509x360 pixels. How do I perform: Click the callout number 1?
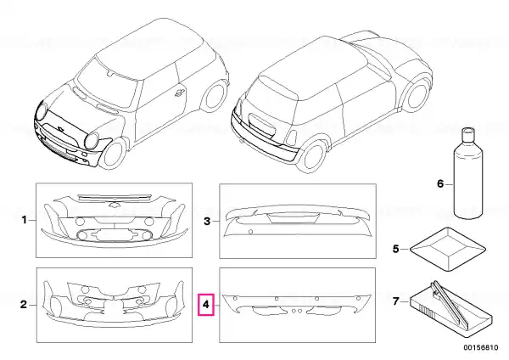point(24,220)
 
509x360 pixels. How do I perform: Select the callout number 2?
point(24,305)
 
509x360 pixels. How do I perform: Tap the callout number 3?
point(207,222)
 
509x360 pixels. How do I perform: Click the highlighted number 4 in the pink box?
point(206,305)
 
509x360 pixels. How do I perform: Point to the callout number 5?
point(395,249)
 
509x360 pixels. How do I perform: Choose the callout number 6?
point(439,184)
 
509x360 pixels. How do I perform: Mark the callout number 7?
point(395,301)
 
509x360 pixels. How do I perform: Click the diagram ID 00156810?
point(480,347)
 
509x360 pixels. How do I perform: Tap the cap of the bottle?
point(468,133)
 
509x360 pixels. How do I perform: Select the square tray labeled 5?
point(448,250)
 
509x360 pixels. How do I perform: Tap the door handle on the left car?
point(180,93)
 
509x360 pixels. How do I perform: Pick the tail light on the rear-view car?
point(291,138)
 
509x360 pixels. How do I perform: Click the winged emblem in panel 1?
point(114,205)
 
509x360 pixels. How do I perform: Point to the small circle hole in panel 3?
point(250,232)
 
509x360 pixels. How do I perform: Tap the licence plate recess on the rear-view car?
point(261,124)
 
